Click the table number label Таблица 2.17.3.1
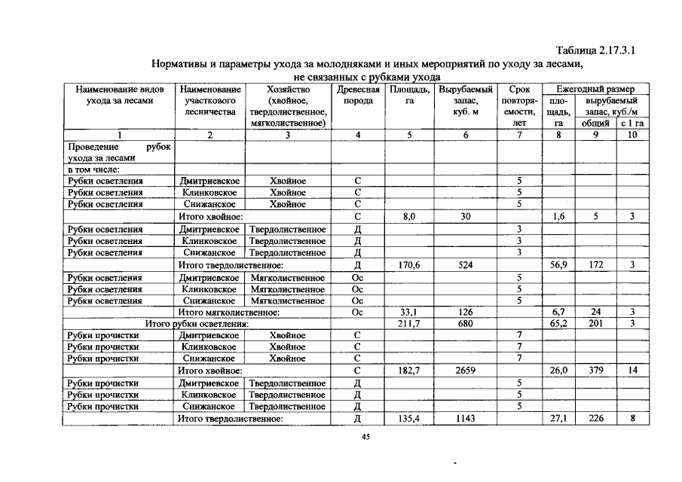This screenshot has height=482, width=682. [x=596, y=50]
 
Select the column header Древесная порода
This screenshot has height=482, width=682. [x=357, y=95]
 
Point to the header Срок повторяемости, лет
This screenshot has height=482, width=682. [x=518, y=105]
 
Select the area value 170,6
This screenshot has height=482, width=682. [x=408, y=264]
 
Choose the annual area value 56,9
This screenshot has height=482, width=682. [x=558, y=264]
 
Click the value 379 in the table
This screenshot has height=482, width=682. [x=595, y=371]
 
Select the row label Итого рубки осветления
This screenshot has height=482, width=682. [x=197, y=323]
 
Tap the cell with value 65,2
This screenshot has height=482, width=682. [x=558, y=323]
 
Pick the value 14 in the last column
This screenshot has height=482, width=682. [x=632, y=371]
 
